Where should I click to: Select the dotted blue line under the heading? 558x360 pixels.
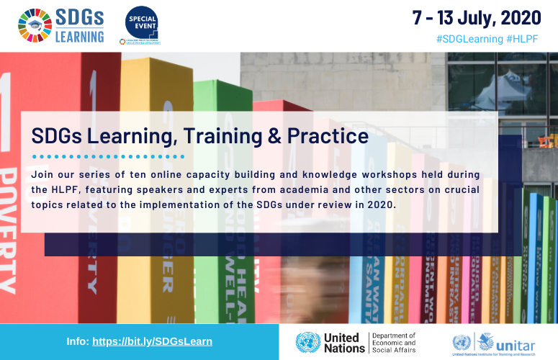click(x=108, y=156)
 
